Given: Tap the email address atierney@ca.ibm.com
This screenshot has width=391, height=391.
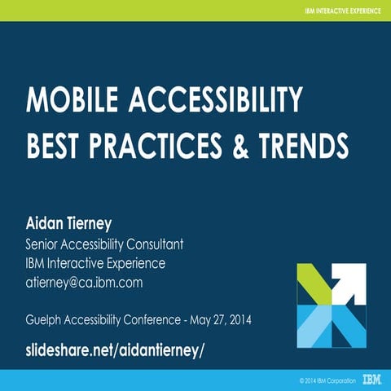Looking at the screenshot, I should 85,283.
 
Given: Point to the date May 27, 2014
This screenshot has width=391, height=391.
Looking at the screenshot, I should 221,319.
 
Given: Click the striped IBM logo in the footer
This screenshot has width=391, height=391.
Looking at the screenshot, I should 373,380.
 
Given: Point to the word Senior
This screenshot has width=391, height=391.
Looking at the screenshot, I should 45,244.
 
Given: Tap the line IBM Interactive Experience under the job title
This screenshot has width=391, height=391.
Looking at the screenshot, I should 96,263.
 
